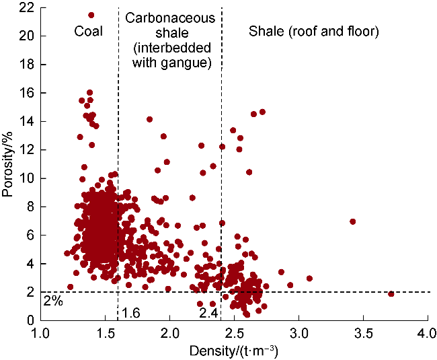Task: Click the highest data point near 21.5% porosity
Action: (x=91, y=15)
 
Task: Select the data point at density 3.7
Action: (x=391, y=294)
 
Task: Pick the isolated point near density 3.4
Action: (x=352, y=221)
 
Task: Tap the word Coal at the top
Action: (x=88, y=31)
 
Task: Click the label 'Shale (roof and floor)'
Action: (x=314, y=31)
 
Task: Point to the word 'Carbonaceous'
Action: (x=170, y=18)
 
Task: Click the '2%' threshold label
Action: (x=53, y=301)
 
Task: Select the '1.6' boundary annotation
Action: (x=130, y=312)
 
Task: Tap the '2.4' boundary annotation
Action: (x=209, y=312)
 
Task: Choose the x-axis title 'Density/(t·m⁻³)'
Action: (x=235, y=351)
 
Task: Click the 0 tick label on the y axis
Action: (x=32, y=320)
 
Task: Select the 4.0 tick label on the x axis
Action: (x=427, y=334)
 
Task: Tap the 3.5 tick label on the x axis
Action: (x=362, y=334)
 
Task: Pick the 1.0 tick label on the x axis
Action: (x=41, y=334)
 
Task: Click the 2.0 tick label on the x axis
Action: (x=169, y=334)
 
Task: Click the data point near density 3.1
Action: (x=309, y=279)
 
